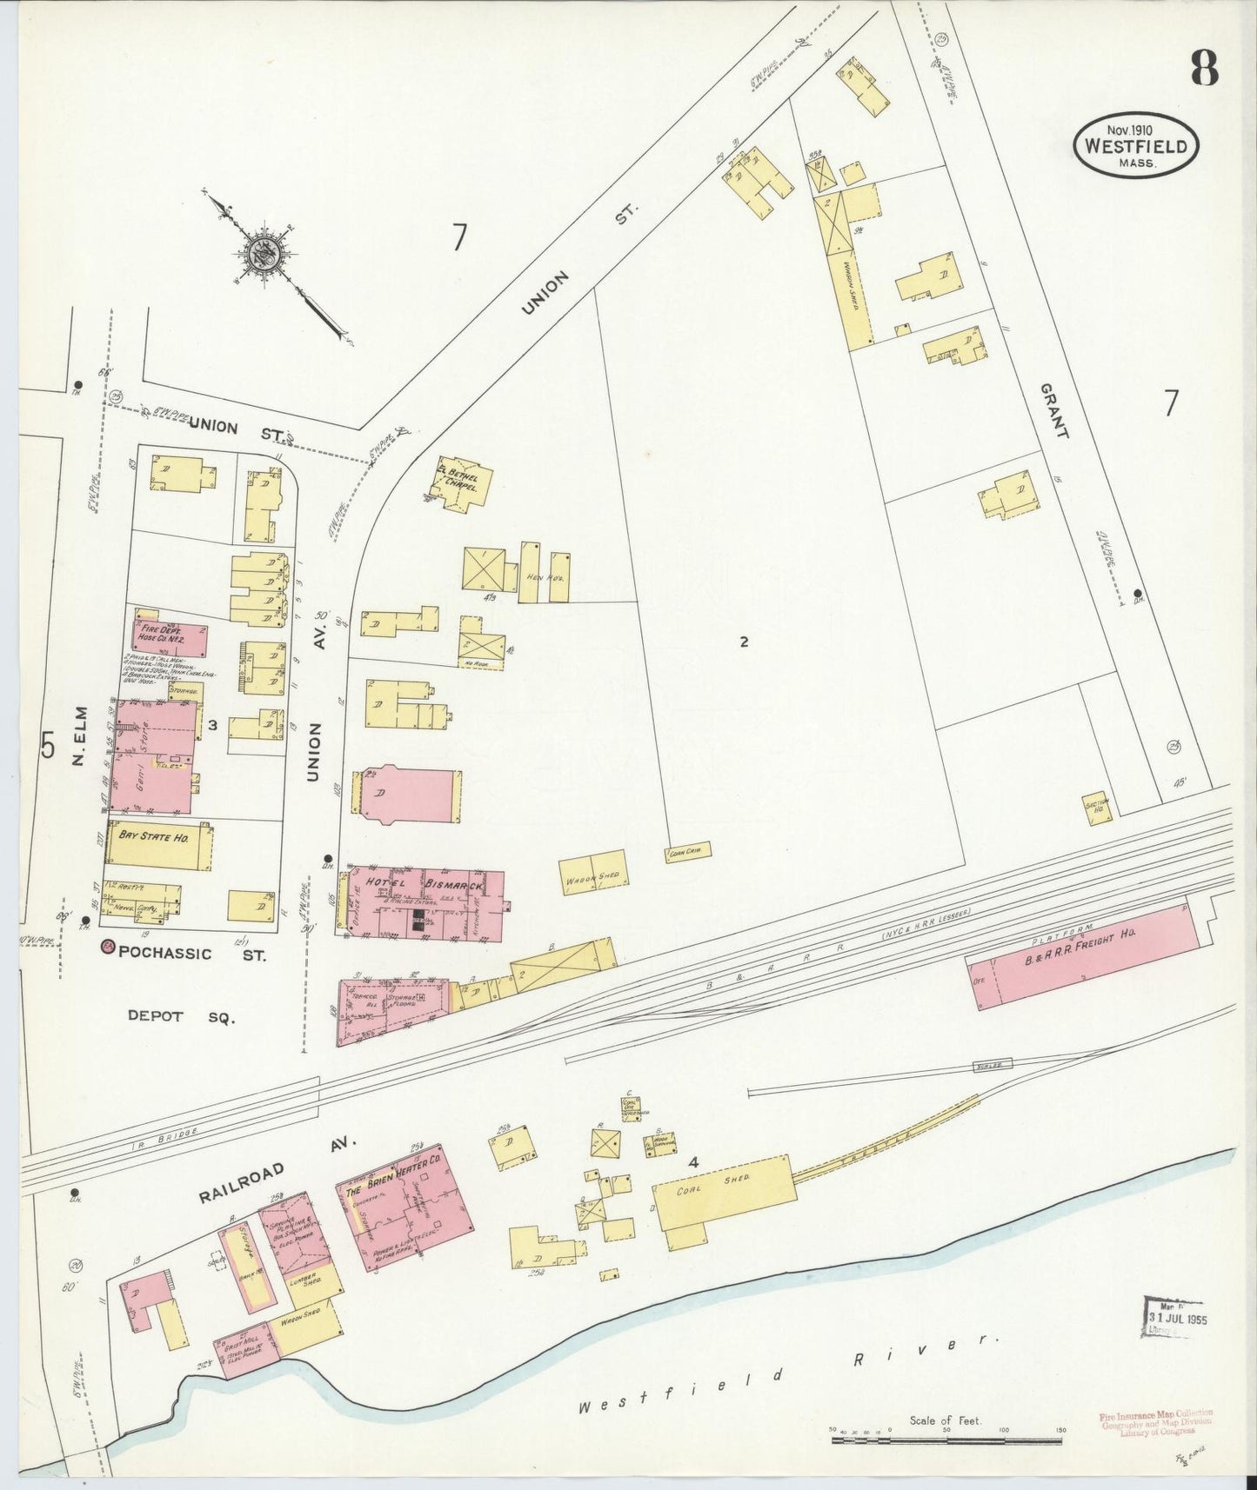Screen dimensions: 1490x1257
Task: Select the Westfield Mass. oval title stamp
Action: coord(1135,147)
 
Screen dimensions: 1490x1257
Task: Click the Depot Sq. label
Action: coord(181,1015)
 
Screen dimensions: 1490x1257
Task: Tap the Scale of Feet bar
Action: coord(946,1440)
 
